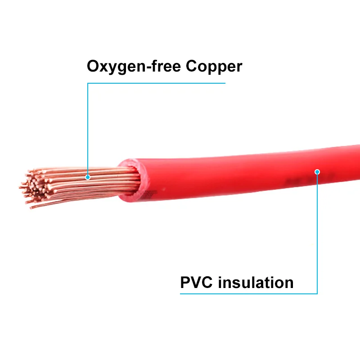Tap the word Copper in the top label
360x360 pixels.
214,67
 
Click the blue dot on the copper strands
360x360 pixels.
88,177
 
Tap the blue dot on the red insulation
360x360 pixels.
317,171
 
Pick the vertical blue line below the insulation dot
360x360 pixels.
317,234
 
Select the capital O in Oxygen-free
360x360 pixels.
94,67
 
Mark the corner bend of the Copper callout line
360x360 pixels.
88,83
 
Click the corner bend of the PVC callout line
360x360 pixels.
317,294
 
